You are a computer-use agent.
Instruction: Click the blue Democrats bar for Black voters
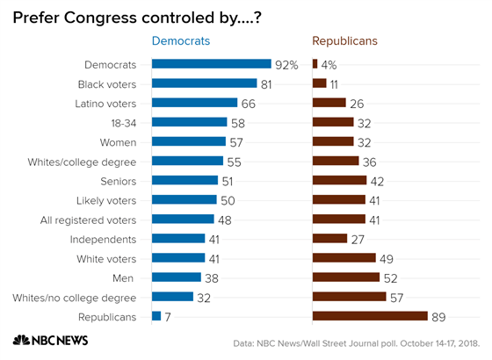(204, 83)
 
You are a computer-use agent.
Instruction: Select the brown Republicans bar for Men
(346, 277)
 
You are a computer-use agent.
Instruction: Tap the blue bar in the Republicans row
(156, 315)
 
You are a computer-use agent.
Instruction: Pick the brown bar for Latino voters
(329, 103)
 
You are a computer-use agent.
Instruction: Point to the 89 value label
(440, 315)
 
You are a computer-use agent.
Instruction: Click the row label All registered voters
(89, 219)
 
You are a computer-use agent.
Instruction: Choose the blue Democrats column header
(182, 41)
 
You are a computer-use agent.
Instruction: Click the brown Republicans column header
(346, 41)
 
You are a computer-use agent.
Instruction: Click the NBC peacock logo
(19, 342)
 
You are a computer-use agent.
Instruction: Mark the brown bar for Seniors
(339, 180)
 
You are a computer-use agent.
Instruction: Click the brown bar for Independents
(329, 238)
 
